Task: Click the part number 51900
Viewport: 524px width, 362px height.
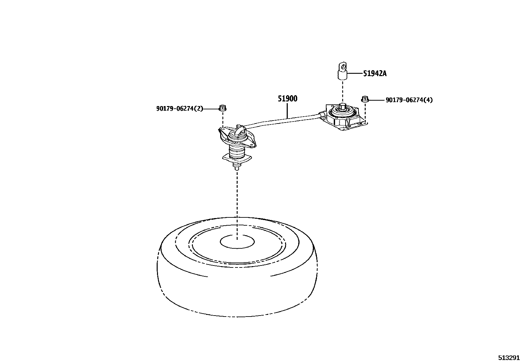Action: [287, 98]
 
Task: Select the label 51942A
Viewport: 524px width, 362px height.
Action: [375, 73]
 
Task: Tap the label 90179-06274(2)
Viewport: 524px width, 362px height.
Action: [180, 108]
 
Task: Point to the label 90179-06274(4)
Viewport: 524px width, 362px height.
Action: [409, 99]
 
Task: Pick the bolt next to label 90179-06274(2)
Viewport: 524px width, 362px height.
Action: [223, 108]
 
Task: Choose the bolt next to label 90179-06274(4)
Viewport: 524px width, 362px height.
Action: [364, 98]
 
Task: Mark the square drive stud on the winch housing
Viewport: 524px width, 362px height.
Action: [342, 106]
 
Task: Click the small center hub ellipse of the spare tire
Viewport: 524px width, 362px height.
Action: [237, 242]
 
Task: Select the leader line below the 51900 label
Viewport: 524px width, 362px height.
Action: [287, 111]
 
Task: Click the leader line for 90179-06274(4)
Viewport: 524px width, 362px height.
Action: [376, 99]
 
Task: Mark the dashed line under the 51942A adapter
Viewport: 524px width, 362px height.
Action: [343, 91]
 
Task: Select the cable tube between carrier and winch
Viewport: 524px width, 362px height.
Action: [283, 120]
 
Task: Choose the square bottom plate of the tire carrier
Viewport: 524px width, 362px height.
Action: [237, 160]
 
